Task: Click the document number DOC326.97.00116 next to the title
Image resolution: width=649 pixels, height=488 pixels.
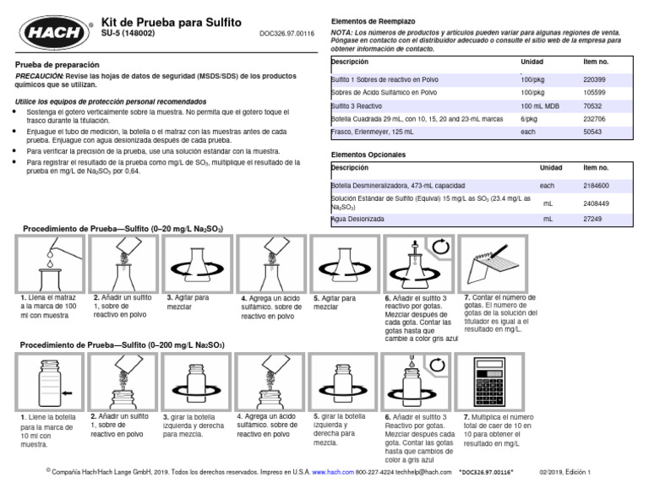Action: click(x=286, y=35)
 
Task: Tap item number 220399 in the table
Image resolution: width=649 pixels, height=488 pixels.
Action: click(x=595, y=78)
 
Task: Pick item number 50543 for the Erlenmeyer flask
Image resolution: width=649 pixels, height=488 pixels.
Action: click(x=593, y=133)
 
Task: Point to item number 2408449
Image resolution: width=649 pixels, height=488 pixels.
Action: click(x=597, y=203)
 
